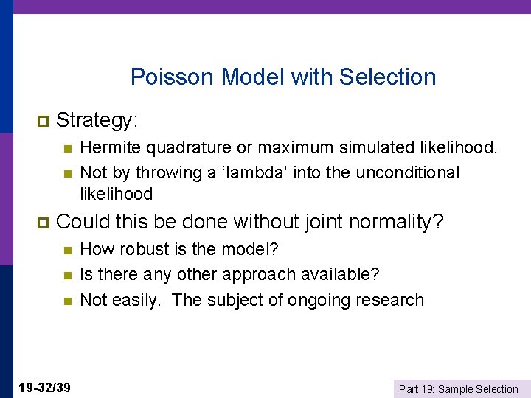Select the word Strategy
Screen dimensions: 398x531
point(97,119)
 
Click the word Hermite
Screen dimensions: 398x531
point(110,148)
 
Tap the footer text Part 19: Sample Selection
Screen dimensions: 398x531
point(458,388)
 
